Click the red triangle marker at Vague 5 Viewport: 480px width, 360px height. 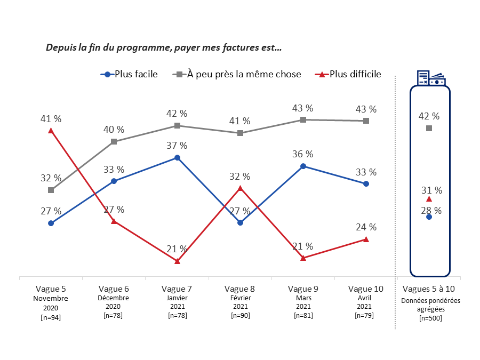[51, 130]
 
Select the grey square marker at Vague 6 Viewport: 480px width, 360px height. [114, 141]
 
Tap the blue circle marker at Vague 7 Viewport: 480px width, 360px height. [177, 158]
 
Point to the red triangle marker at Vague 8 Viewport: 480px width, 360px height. [240, 188]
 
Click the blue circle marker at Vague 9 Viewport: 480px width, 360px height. [303, 166]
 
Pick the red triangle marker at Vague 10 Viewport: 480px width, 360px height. [366, 239]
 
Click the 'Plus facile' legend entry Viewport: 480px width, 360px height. [130, 74]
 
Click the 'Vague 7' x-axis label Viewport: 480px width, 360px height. [177, 289]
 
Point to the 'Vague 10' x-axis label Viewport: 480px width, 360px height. [366, 289]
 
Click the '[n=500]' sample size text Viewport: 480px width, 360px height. [430, 318]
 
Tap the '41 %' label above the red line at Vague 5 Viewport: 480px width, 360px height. [51, 118]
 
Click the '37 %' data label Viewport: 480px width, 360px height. [177, 146]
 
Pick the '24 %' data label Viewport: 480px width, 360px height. [366, 227]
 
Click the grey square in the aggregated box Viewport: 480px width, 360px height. [429, 129]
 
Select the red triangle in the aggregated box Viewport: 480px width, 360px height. [429, 199]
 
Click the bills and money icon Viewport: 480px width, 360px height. [431, 78]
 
